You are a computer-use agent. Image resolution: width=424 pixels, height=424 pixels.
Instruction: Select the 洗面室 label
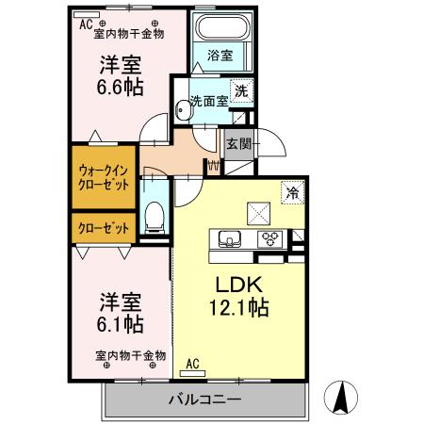pyautogui.click(x=207, y=101)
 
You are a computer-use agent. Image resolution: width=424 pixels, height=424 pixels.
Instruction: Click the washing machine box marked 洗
pyautogui.click(x=242, y=91)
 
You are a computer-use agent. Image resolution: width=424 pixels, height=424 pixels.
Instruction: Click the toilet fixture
pyautogui.click(x=155, y=215)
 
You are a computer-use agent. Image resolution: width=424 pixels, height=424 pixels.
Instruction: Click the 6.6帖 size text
pyautogui.click(x=119, y=87)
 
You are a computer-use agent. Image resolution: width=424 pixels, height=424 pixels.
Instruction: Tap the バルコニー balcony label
pyautogui.click(x=204, y=399)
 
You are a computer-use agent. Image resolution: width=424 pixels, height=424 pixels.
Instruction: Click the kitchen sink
pyautogui.click(x=230, y=237)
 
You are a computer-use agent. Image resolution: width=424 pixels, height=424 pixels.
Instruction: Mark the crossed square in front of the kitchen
pyautogui.click(x=255, y=211)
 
